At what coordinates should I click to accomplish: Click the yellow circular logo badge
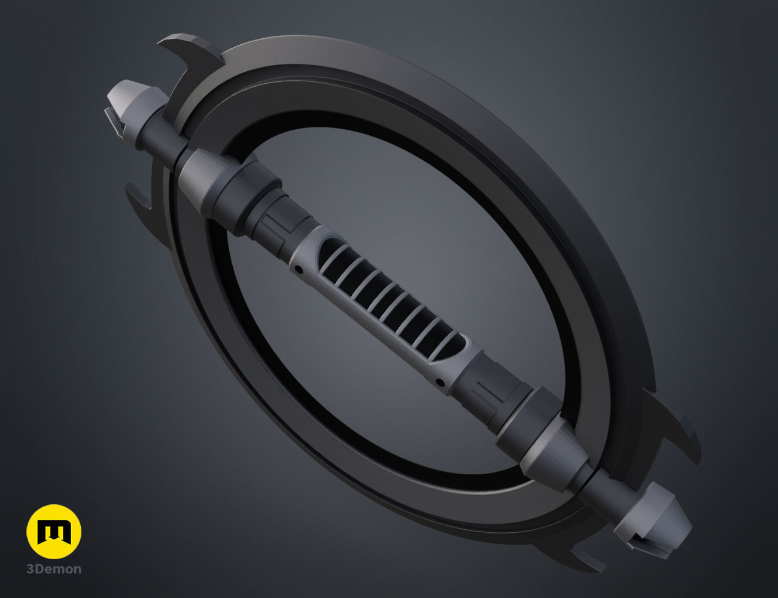[x=54, y=531]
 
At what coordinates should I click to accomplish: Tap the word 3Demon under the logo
[x=54, y=569]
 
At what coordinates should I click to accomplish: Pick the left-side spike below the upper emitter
[x=142, y=200]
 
